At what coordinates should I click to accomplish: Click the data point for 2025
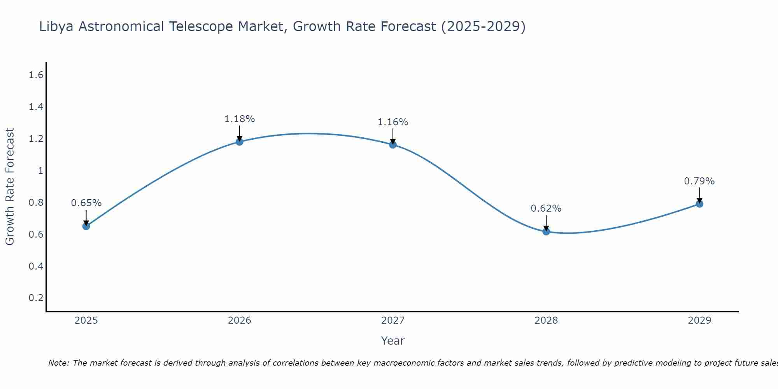pos(86,226)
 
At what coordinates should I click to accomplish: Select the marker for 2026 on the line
pos(240,142)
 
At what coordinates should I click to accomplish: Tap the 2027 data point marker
pos(393,145)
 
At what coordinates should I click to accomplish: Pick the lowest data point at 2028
pos(546,231)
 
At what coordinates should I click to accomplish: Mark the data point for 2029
pos(699,204)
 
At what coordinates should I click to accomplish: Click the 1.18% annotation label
pos(240,119)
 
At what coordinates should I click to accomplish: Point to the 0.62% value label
pos(546,209)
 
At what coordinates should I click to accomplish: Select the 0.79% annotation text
pos(699,181)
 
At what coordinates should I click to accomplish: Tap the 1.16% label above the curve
pos(393,122)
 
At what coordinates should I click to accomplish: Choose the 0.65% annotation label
pos(86,203)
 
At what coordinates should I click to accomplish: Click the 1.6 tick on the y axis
pos(36,75)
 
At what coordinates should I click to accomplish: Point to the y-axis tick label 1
pos(40,171)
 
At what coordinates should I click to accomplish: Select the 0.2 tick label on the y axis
pos(36,298)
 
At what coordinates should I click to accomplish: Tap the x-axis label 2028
pos(546,321)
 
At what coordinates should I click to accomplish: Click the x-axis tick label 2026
pos(240,321)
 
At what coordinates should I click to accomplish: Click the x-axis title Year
pos(393,341)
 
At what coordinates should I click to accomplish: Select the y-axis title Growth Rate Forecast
pos(10,187)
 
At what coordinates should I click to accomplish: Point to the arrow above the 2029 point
pos(699,194)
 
